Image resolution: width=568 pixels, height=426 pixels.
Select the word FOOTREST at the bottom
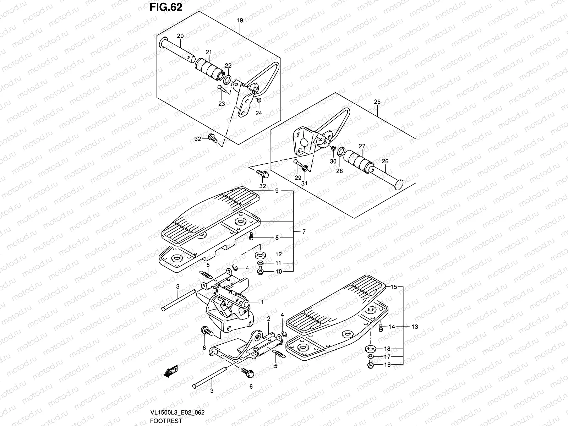pyautogui.click(x=165, y=421)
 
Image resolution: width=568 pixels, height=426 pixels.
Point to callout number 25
pyautogui.click(x=377, y=102)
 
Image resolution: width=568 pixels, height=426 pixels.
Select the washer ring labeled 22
pyautogui.click(x=228, y=78)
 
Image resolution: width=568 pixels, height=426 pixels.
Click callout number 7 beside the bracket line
pyautogui.click(x=304, y=231)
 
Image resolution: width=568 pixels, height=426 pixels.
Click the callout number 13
pyautogui.click(x=415, y=326)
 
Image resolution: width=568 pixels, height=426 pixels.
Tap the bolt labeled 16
pyautogui.click(x=370, y=364)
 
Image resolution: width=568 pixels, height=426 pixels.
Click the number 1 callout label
pyautogui.click(x=262, y=302)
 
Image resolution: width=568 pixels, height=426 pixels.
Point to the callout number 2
pyautogui.click(x=269, y=318)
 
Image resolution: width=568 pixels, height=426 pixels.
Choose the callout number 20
pyautogui.click(x=180, y=36)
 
